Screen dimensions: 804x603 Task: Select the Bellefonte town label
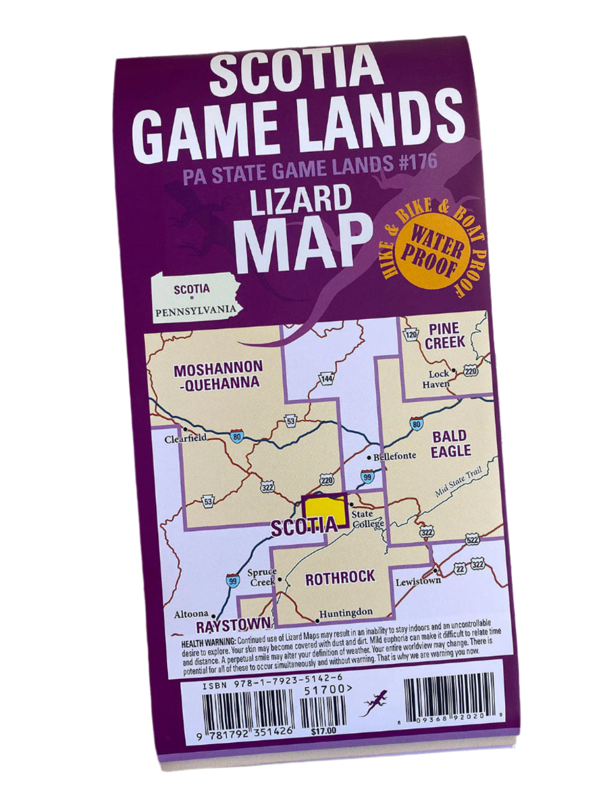[394, 456]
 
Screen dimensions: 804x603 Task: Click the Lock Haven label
[437, 379]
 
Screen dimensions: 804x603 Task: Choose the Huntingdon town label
[346, 613]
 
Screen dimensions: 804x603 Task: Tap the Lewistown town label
[418, 581]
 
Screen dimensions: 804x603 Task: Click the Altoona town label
[191, 614]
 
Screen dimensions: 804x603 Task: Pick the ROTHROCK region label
[340, 578]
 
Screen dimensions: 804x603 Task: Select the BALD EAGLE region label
[450, 443]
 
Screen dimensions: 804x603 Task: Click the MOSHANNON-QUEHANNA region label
[217, 375]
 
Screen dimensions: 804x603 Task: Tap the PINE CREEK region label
[444, 336]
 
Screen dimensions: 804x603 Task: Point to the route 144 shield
[327, 378]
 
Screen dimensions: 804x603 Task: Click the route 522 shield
[472, 540]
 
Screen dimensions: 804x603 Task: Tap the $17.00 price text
[324, 731]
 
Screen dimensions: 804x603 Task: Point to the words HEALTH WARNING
[208, 642]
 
